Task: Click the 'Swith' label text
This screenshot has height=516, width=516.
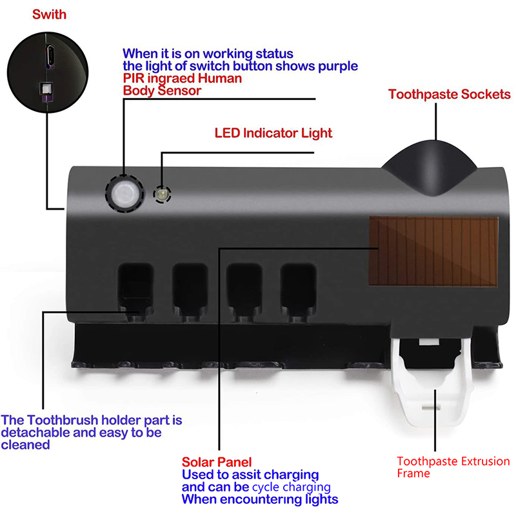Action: pos(48,14)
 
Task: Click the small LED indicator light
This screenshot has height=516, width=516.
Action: pos(160,193)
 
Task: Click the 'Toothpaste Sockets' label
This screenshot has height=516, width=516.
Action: pos(449,95)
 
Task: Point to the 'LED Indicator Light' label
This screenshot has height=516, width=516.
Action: pos(273,134)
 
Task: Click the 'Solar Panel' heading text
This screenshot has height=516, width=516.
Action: pos(216,462)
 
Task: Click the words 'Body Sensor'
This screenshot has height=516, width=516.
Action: pos(161,91)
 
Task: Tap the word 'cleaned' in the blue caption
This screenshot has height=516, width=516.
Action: pos(26,445)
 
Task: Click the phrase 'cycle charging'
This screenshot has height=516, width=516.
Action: pos(291,487)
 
